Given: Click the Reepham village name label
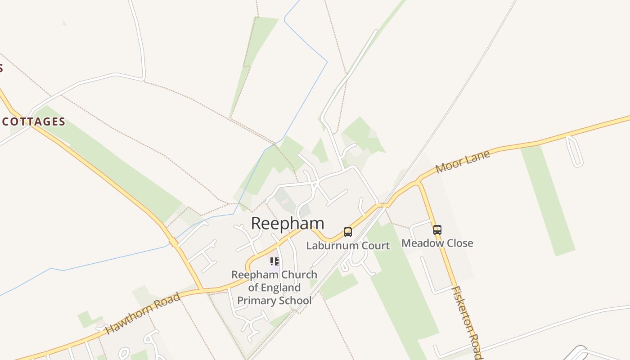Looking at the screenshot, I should coord(287,223).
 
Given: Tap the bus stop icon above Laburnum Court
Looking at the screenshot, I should coord(348,232).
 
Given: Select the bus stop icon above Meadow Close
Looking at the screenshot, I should coord(437,230).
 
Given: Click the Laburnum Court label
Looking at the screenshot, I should coord(348,246).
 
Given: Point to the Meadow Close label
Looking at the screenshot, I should coord(437,243).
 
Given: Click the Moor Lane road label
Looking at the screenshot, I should coord(463,162).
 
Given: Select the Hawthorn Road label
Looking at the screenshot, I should coord(143,313).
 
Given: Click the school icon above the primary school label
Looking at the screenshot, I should coord(274,261).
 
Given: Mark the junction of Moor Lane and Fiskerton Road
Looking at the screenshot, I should coord(419,182).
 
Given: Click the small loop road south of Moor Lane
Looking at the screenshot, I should coord(574,152).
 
